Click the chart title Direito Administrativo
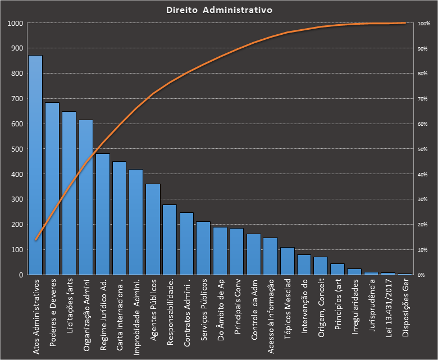pos(220,10)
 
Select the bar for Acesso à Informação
pos(271,256)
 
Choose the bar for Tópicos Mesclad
pos(288,261)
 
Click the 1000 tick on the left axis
pos(15,24)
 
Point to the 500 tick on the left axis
pos(17,149)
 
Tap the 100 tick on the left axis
pos(17,250)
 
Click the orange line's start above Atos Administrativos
pos(36,240)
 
